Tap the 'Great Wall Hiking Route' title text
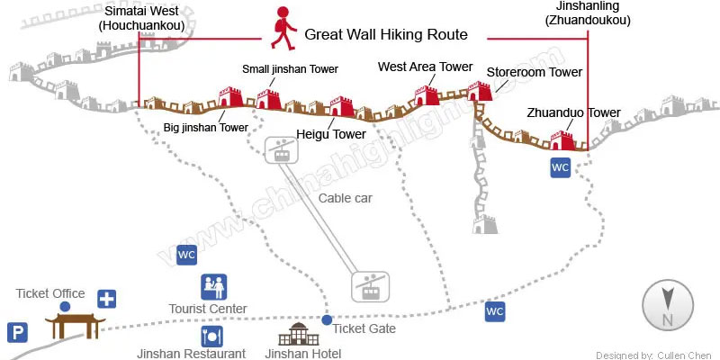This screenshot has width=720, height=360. tap(386, 35)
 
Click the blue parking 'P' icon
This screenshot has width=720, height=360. tap(17, 333)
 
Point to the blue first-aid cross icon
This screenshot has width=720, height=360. tap(107, 299)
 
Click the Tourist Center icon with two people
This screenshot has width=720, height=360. tap(212, 287)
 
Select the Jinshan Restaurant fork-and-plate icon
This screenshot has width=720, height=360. tap(212, 336)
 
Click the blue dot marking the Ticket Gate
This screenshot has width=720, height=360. tap(327, 319)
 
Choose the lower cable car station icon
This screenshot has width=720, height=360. tap(368, 287)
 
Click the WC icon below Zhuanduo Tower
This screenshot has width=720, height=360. tap(560, 167)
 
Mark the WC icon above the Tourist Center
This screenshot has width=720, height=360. tap(186, 256)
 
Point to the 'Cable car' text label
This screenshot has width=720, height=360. tap(345, 198)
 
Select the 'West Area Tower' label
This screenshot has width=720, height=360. tap(425, 67)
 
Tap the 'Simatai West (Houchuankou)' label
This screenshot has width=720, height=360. tap(144, 18)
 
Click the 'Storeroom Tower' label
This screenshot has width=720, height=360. tap(535, 72)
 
